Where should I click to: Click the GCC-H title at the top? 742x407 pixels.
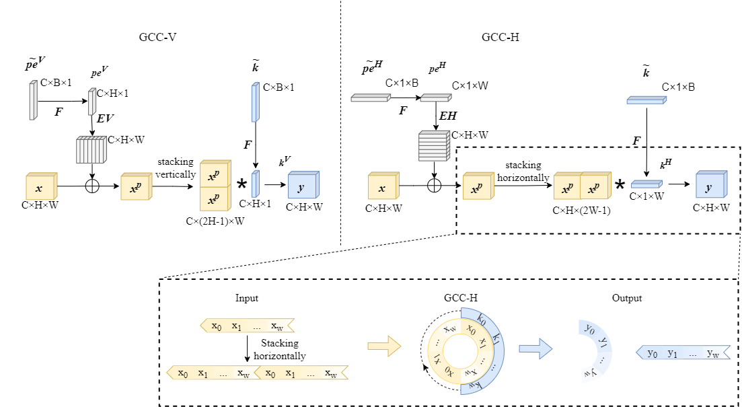point(500,37)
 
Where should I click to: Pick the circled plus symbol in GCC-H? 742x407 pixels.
point(435,186)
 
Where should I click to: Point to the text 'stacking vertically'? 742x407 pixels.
point(176,168)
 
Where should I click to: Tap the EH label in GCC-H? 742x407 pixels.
point(447,116)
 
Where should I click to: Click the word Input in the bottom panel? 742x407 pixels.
point(246,298)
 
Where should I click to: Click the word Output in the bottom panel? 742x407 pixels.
point(627,298)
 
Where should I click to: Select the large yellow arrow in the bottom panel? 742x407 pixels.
point(384,346)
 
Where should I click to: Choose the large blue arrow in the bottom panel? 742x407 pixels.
point(535,346)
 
